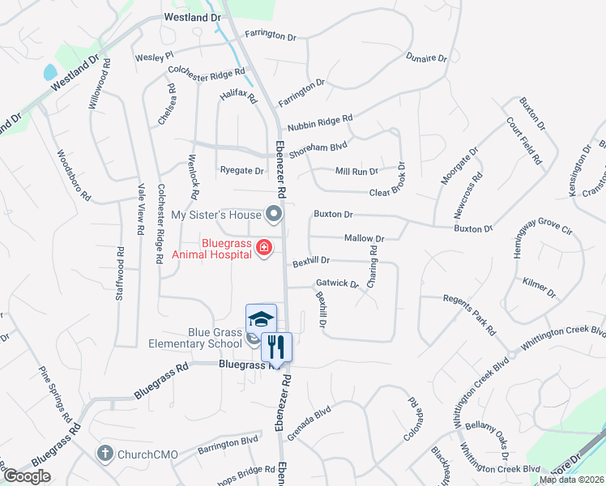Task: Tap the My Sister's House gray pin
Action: [274, 215]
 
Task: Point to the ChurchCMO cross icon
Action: [105, 453]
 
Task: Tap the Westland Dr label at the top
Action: [192, 16]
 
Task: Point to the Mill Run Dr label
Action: [356, 172]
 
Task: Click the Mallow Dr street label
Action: [364, 238]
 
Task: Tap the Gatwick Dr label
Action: [337, 284]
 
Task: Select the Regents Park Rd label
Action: [469, 314]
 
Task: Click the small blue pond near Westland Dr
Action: [49, 72]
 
